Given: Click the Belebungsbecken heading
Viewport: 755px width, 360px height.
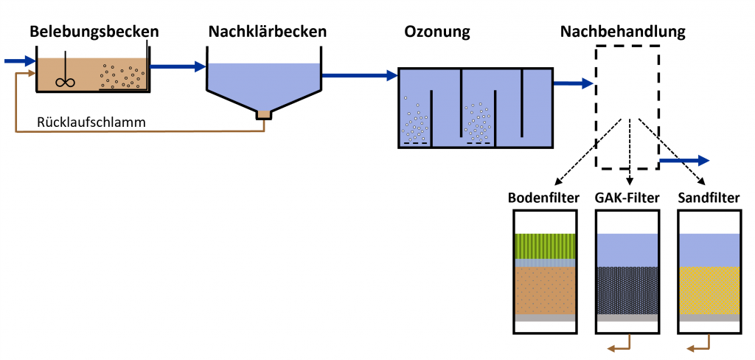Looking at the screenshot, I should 94,32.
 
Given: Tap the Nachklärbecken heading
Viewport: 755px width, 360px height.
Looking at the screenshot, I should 267,32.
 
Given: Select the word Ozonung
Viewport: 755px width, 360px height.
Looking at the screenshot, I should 437,32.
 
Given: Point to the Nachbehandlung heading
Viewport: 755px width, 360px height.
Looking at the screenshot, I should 623,32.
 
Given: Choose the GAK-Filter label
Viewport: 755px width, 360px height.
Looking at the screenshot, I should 627,198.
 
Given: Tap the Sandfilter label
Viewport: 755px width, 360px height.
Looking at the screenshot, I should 709,198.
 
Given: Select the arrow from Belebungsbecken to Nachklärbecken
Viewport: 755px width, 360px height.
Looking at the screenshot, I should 177,67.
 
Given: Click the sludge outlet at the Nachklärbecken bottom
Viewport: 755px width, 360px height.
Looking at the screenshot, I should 264,114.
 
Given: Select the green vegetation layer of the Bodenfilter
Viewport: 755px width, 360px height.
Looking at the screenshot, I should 544,246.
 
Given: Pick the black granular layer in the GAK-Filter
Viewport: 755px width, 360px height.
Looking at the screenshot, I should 626,289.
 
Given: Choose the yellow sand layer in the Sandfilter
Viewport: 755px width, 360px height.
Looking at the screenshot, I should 709,289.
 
